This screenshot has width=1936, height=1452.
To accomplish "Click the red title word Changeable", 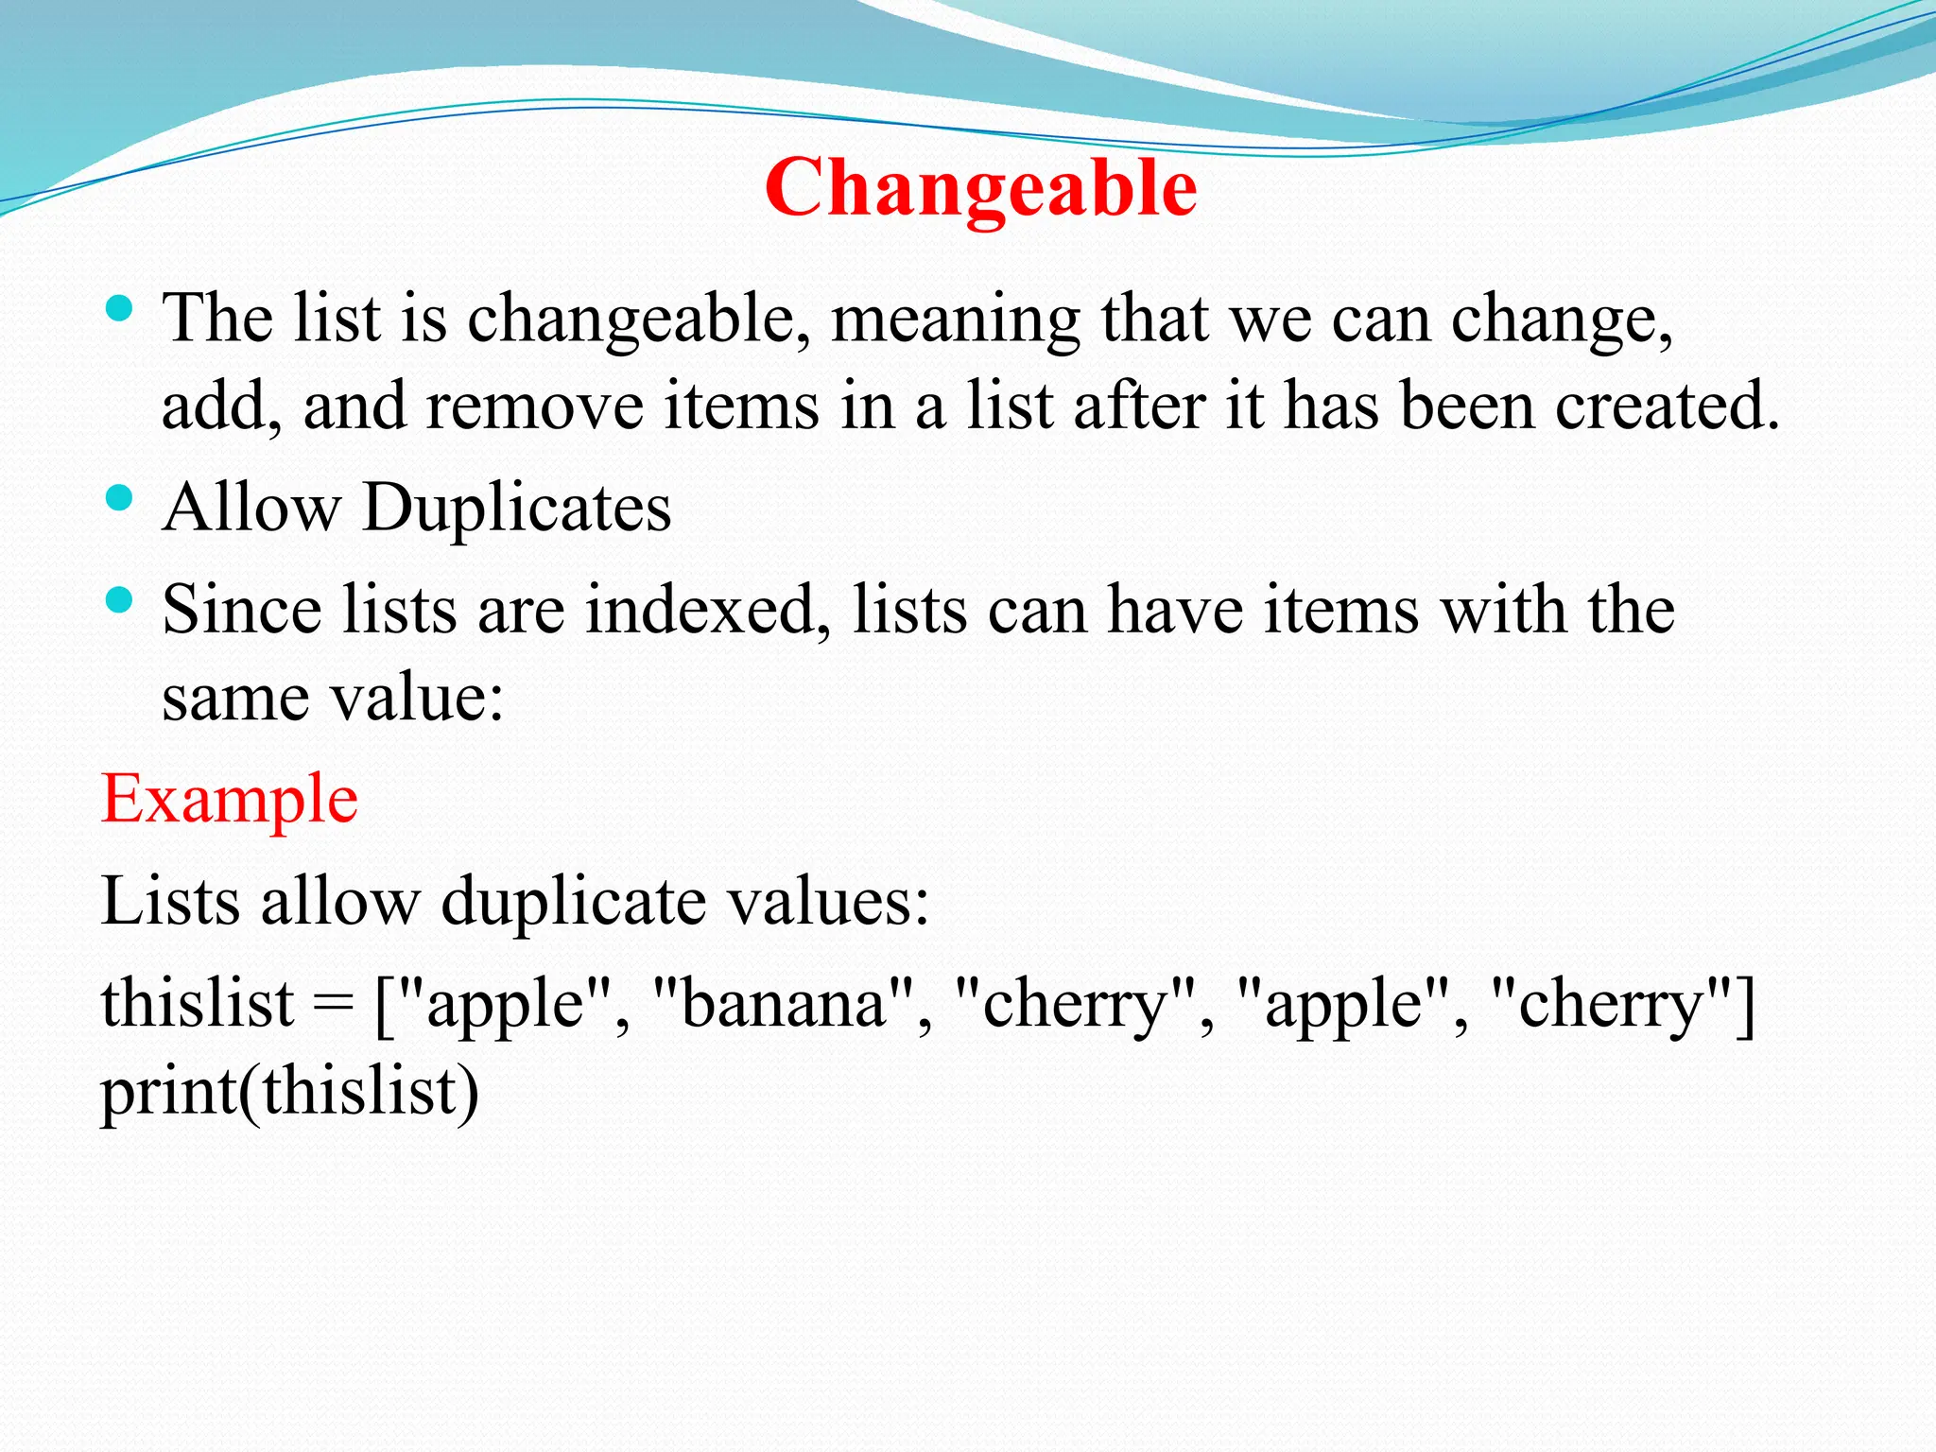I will point(980,187).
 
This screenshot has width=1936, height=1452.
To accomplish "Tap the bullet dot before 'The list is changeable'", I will point(119,308).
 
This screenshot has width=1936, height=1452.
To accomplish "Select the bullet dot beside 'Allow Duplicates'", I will point(119,498).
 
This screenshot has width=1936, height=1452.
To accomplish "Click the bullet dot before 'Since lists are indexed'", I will point(119,599).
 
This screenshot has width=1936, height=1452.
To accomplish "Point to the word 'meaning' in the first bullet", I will point(955,320).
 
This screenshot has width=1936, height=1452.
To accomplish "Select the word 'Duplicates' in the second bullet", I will point(516,508).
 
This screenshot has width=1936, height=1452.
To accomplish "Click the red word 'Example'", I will point(230,799).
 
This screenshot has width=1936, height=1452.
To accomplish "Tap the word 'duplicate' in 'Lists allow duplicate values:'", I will point(573,901).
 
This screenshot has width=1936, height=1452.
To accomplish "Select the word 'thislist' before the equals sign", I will point(198,1003).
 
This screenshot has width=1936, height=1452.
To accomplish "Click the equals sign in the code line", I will point(334,1005).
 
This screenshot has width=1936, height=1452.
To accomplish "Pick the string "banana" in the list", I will point(784,1003).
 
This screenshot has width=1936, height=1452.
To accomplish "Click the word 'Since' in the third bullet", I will point(241,610).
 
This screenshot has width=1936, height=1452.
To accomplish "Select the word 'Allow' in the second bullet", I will point(251,508).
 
